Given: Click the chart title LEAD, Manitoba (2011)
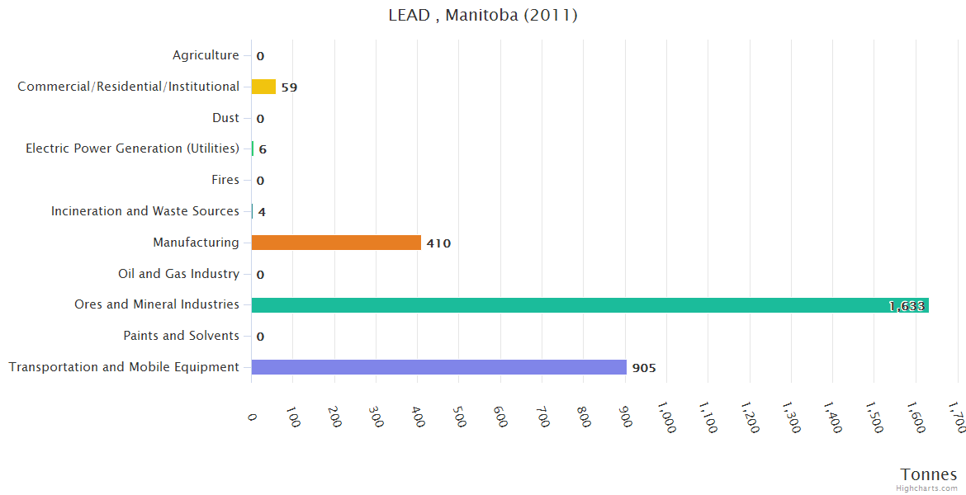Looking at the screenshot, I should (483, 16).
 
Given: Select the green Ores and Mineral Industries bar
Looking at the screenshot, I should (590, 305).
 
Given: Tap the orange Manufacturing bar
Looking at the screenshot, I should (336, 243).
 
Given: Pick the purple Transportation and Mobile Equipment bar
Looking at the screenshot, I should (438, 367).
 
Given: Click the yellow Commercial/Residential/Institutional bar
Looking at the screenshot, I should (263, 87).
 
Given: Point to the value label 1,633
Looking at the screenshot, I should (906, 306).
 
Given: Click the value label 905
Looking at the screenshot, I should (644, 368).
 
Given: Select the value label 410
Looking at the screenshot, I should (438, 243).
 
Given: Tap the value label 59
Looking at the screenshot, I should (289, 87).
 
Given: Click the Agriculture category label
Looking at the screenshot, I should (206, 55).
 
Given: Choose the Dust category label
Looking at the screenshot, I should (225, 118).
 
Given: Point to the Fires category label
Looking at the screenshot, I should (225, 180).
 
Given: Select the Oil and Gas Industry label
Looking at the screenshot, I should (178, 274).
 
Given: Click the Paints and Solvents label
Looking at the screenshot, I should (181, 336).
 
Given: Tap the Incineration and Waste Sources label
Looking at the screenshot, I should (144, 211).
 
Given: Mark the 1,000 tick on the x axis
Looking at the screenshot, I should (668, 417).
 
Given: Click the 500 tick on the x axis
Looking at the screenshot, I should (460, 417).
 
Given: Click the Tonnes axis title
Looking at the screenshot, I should (928, 474).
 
